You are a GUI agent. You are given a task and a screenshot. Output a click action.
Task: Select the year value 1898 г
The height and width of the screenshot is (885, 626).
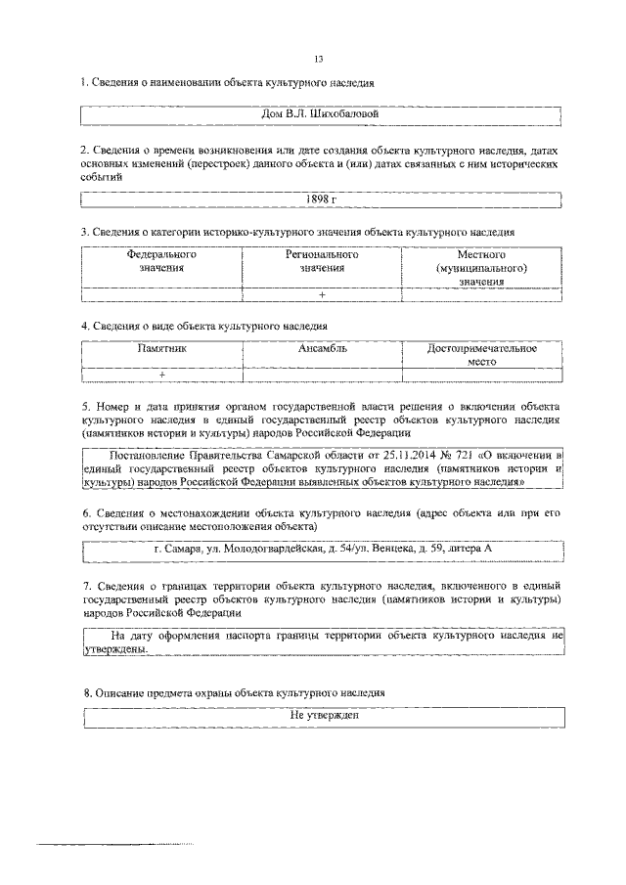coord(321,199)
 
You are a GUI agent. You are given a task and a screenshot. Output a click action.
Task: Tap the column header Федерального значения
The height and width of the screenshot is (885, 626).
coord(161,261)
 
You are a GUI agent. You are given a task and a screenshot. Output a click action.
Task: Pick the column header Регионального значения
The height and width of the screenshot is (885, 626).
coord(322,261)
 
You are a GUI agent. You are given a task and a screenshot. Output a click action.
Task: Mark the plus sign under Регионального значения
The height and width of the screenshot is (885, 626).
coord(322,294)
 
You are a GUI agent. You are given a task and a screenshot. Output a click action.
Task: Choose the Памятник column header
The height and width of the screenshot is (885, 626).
coord(161,348)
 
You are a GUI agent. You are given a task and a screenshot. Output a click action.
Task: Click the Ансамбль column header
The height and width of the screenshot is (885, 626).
coord(322,348)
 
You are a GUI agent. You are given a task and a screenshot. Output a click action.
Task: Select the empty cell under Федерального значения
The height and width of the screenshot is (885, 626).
coord(161,294)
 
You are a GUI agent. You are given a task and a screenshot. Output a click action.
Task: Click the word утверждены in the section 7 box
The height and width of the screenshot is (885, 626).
coord(116,648)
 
